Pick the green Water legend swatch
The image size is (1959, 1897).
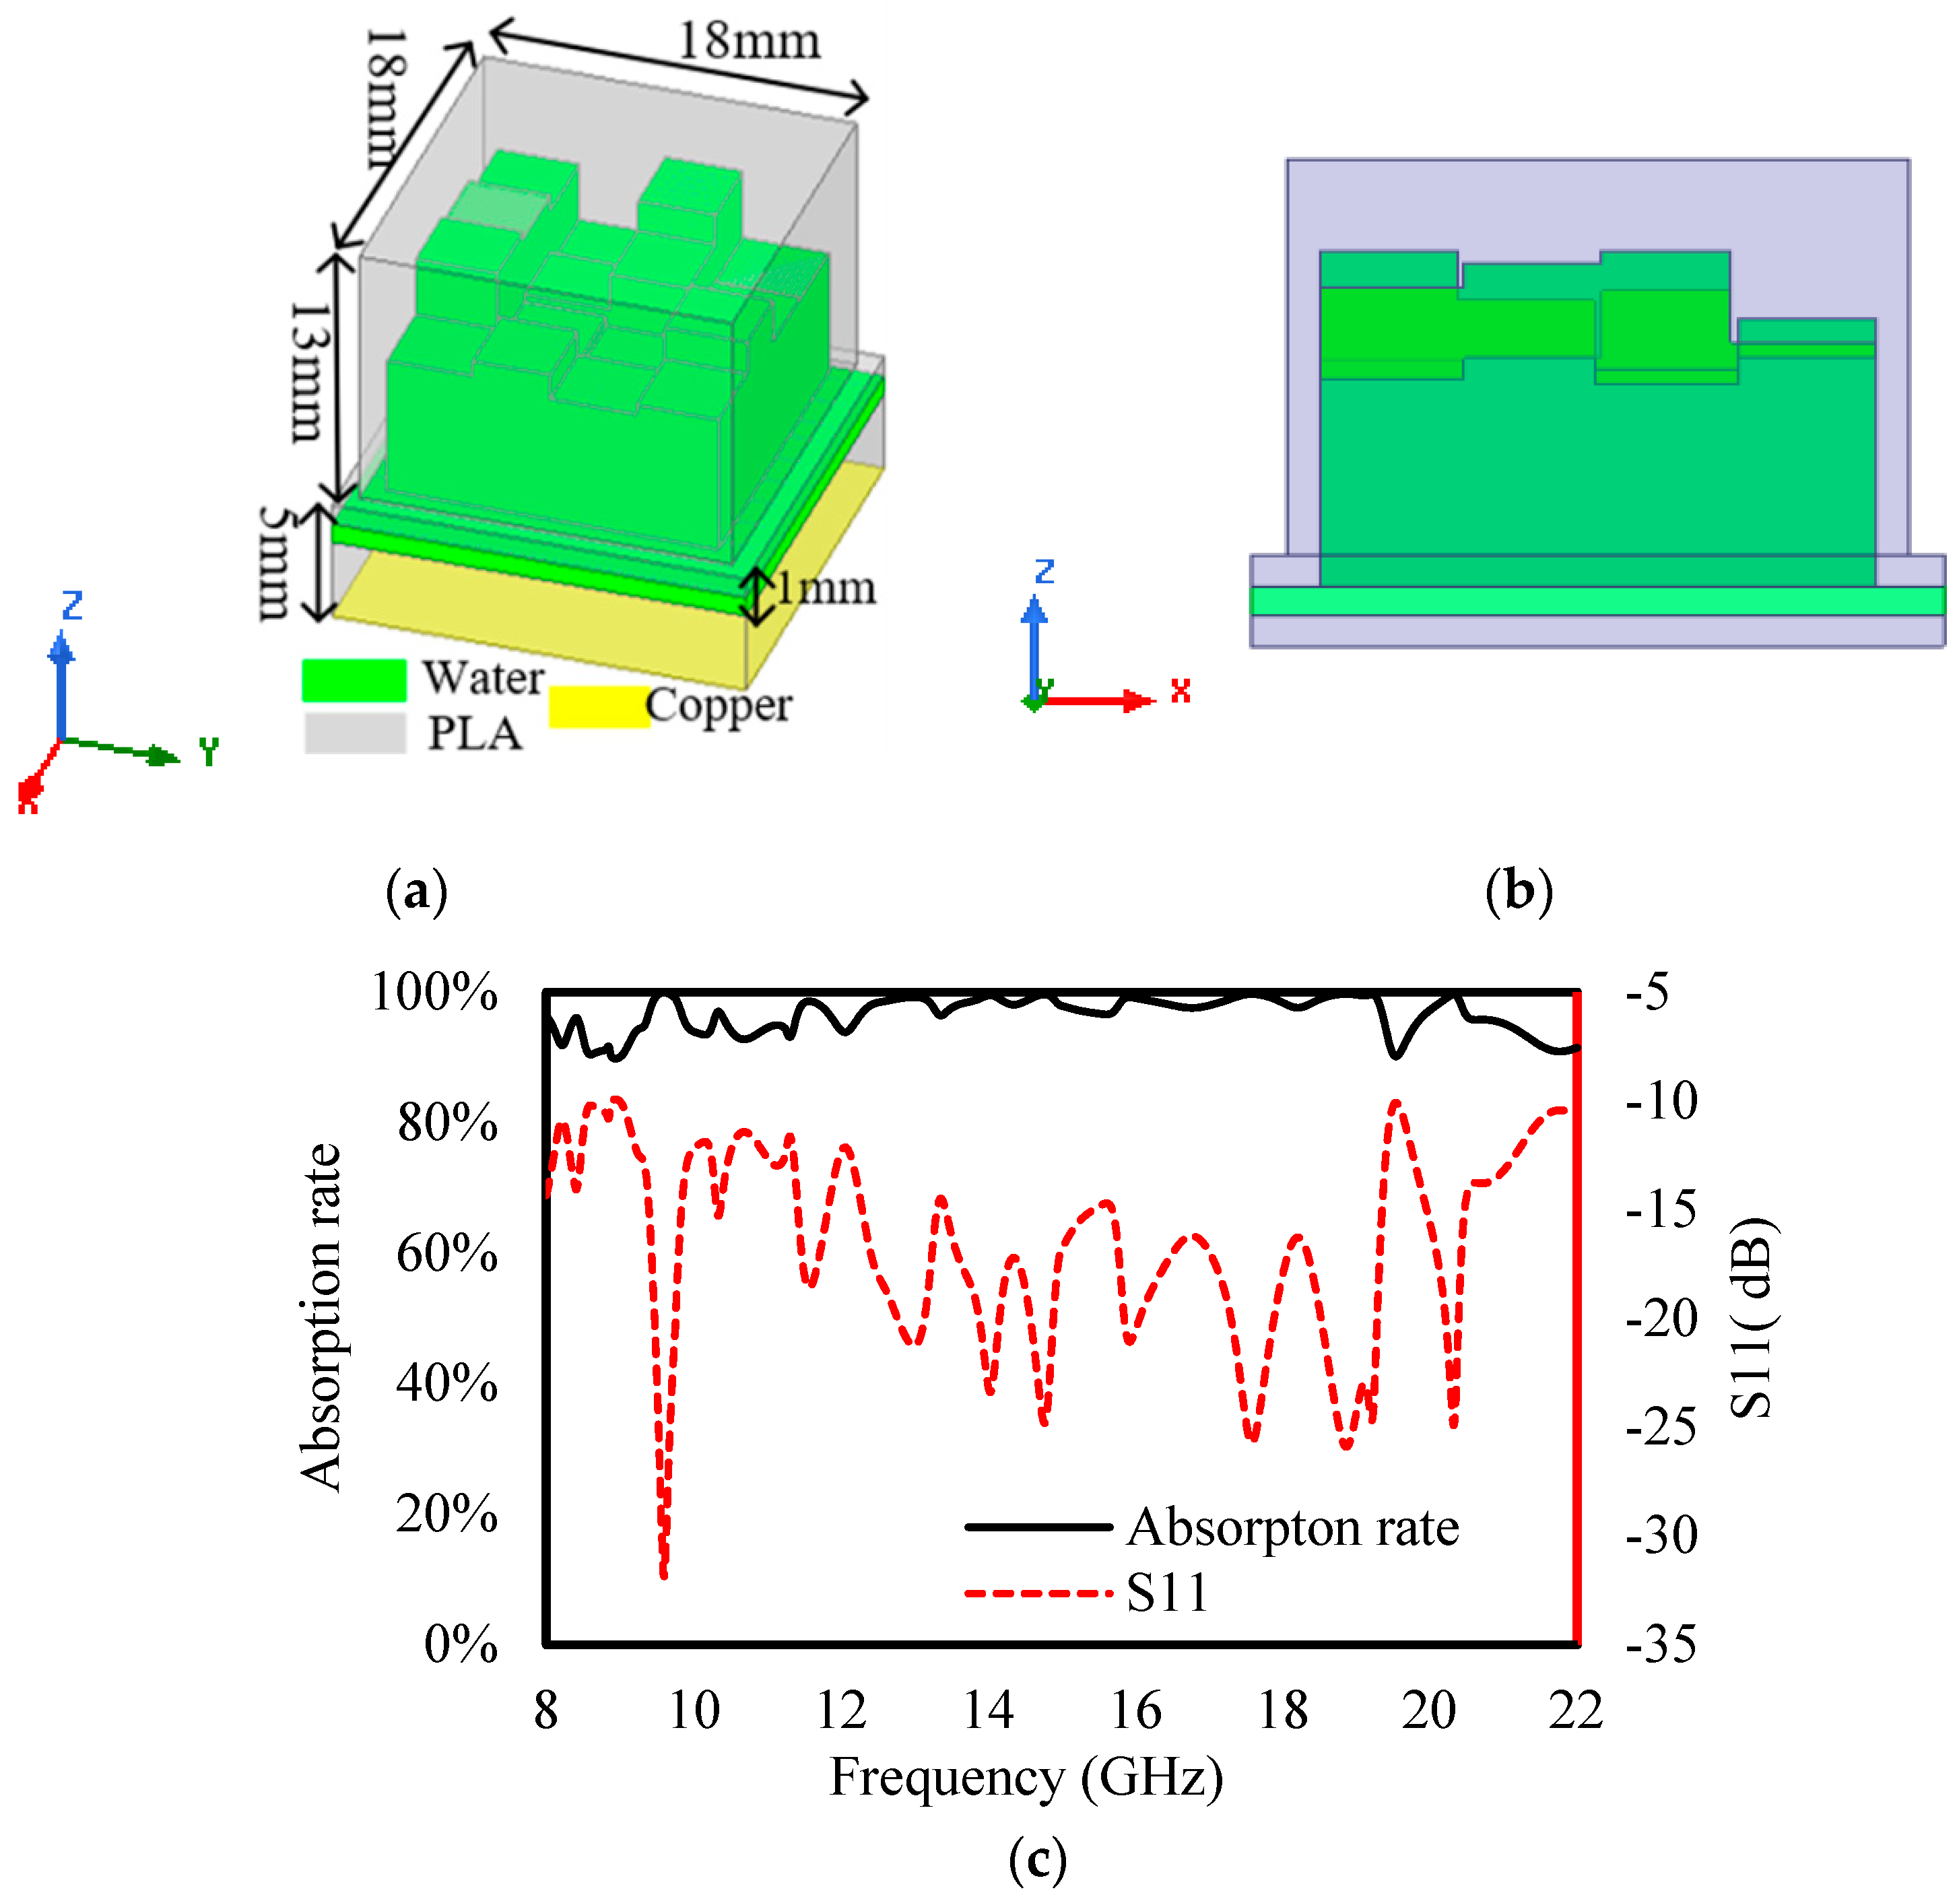tap(354, 681)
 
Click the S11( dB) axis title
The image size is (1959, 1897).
tap(1751, 1317)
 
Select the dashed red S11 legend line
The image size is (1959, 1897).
tap(1038, 1592)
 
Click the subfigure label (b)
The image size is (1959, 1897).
tap(1518, 890)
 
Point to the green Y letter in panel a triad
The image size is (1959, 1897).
tap(208, 752)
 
